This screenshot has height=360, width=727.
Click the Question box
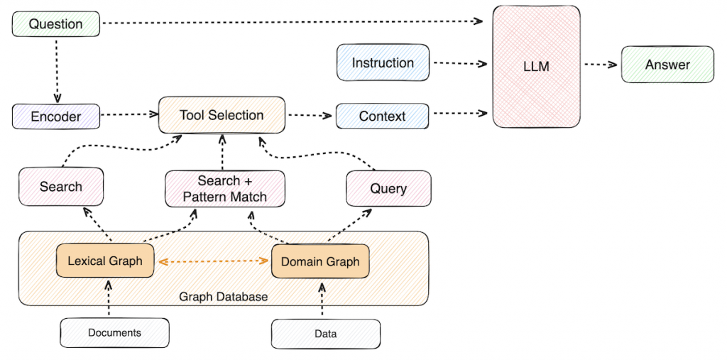click(x=55, y=24)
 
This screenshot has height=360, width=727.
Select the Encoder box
click(x=55, y=116)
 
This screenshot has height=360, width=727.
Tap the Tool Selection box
click(x=222, y=115)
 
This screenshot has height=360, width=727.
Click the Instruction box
click(x=383, y=62)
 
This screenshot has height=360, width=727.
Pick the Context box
click(x=383, y=116)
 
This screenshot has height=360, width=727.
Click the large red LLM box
click(x=536, y=67)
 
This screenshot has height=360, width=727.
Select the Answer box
click(x=667, y=65)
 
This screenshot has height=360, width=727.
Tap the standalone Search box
click(x=61, y=187)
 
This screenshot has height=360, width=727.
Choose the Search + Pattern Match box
click(x=224, y=189)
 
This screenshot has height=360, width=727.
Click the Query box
click(x=388, y=188)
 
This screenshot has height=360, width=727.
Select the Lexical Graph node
click(x=105, y=261)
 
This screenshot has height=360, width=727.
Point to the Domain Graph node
click(x=320, y=262)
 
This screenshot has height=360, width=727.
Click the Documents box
click(x=114, y=332)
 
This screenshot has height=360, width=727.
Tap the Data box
click(x=326, y=334)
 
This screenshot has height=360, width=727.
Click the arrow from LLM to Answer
click(x=601, y=65)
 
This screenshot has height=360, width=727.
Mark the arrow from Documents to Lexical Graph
click(x=109, y=298)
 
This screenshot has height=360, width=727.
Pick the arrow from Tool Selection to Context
click(x=310, y=115)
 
